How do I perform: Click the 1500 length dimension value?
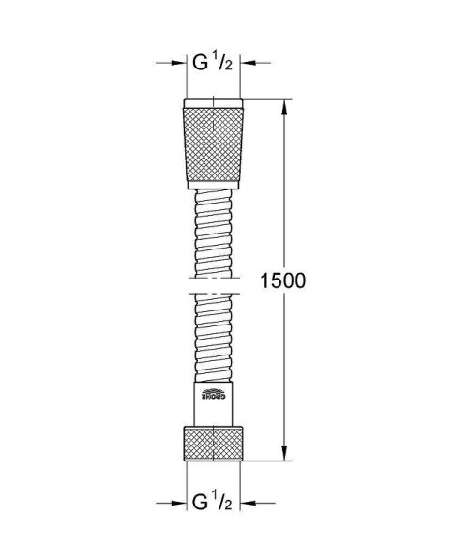[283, 280]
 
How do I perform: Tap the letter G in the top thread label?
[200, 64]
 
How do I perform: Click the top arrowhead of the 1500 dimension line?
[284, 102]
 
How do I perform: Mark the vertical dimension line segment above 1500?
[284, 188]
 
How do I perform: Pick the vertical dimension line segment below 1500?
[284, 375]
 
